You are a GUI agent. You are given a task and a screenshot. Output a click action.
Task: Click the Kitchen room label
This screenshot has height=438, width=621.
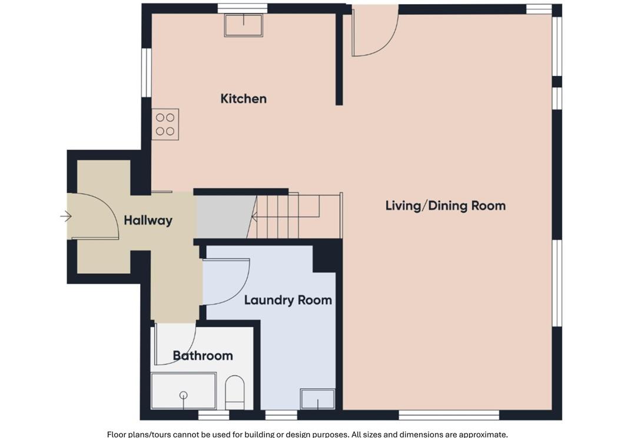pos(243,98)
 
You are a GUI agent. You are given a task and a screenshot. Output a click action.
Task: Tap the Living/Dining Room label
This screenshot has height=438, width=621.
pos(446,205)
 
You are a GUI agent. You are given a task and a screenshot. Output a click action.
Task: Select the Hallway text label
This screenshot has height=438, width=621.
pos(148,221)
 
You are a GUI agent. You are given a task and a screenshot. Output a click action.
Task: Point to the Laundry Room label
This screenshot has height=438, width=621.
pos(288,300)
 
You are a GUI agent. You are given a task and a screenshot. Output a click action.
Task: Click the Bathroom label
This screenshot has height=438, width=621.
pos(202,356)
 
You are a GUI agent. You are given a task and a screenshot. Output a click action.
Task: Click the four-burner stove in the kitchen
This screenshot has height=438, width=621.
pos(165,124)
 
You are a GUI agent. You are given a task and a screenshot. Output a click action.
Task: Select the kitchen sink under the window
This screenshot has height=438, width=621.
pos(244,25)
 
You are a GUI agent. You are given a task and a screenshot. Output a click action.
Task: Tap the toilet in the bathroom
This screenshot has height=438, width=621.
pos(235,393)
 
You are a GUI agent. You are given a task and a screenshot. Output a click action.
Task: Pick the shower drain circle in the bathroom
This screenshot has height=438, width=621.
pos(184,395)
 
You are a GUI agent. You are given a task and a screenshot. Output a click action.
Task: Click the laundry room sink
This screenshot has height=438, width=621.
pos(318,399)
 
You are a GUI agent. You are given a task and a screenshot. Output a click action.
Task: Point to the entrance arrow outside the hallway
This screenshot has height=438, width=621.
pos(66,216)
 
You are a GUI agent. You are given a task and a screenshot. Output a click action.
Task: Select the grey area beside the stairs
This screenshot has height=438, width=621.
pos(224,217)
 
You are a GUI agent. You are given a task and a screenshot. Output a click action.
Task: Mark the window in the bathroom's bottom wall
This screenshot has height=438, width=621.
pos(214,415)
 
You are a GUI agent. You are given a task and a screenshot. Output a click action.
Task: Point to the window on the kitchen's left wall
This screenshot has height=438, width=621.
pos(147,72)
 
